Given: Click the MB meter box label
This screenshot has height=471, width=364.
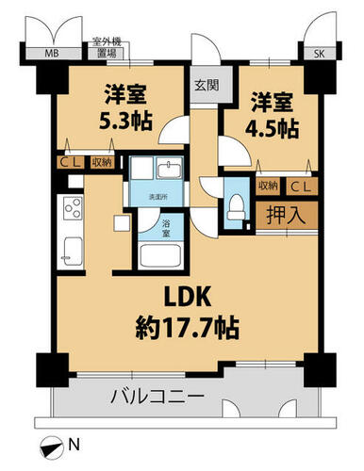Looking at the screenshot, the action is [52, 54].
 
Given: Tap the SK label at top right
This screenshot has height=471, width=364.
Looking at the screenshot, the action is [320, 54].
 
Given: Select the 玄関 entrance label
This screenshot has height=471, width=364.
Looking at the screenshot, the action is [207, 85].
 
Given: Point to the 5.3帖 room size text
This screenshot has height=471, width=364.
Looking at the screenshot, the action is [125, 121].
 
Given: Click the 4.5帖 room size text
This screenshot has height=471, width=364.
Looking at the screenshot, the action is [272, 128].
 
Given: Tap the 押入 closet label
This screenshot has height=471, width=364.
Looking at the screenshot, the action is [286, 215].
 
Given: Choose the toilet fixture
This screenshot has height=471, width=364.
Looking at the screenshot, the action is [236, 206].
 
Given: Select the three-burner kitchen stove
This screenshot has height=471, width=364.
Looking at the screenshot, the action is [74, 207].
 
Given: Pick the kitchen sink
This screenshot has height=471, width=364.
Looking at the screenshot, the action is [74, 252].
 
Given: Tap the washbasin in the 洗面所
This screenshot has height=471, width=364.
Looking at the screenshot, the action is [170, 170].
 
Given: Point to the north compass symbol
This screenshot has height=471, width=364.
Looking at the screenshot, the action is [51, 447].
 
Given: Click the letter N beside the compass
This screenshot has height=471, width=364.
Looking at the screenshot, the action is [74, 445].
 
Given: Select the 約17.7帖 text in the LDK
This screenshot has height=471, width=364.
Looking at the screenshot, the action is [188, 328].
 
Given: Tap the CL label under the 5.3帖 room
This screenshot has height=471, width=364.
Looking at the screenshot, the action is [71, 163].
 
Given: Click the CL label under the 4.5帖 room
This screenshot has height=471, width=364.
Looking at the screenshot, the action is [300, 187].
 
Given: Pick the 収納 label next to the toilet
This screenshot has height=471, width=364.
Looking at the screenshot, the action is [268, 186].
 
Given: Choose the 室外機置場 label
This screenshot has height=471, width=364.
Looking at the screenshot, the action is [107, 48].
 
